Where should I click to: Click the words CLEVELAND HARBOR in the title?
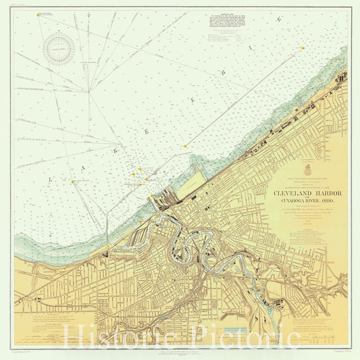point(307,193)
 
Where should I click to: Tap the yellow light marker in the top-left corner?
point(38,16)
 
